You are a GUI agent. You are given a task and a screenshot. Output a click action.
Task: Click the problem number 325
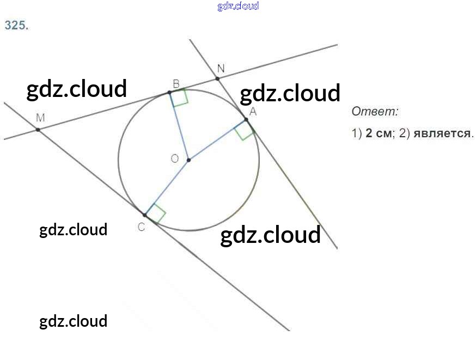16,25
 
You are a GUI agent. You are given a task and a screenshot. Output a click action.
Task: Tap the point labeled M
38,130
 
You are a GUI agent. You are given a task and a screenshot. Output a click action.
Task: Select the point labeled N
217,78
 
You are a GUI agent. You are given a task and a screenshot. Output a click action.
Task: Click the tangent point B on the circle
170,92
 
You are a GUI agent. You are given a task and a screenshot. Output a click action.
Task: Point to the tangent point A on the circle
246,120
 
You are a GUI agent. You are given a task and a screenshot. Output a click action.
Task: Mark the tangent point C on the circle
145,215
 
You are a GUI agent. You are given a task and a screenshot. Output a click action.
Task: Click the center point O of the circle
188,160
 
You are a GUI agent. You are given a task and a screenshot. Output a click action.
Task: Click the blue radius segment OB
179,126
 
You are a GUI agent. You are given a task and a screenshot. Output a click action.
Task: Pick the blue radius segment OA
217,139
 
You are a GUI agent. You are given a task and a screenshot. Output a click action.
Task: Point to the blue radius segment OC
167,187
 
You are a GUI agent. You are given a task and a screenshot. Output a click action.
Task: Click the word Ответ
375,112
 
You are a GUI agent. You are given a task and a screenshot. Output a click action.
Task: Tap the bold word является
442,133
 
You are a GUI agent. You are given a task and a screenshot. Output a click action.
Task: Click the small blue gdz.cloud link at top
239,6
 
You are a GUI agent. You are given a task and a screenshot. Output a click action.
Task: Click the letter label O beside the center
175,158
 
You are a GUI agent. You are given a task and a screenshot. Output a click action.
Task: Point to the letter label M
40,118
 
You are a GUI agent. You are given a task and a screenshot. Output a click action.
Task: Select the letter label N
221,68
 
